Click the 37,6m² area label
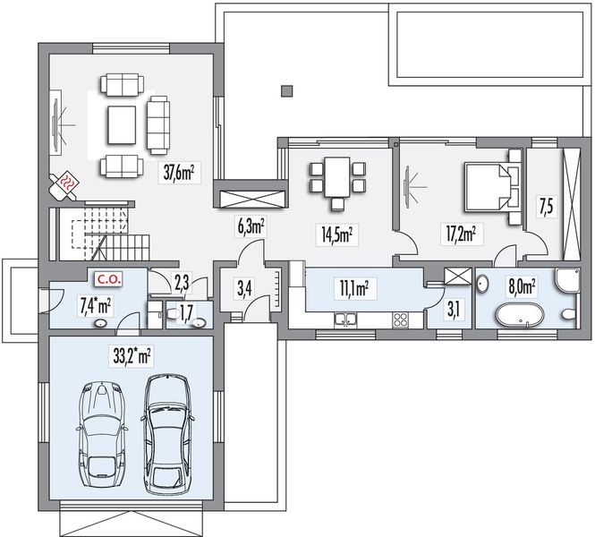[179, 174]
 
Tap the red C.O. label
[109, 280]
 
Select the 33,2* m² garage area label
[132, 356]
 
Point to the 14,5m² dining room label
[337, 234]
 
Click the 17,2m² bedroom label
[461, 234]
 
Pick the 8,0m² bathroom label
[523, 287]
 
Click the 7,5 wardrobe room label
[545, 207]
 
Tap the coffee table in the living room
[122, 125]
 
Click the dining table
[337, 177]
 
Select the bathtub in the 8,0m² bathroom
[520, 315]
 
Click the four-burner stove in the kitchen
[401, 320]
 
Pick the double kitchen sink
[345, 320]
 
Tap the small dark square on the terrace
[287, 91]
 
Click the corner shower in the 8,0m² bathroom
[567, 280]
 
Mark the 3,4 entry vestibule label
[244, 288]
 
